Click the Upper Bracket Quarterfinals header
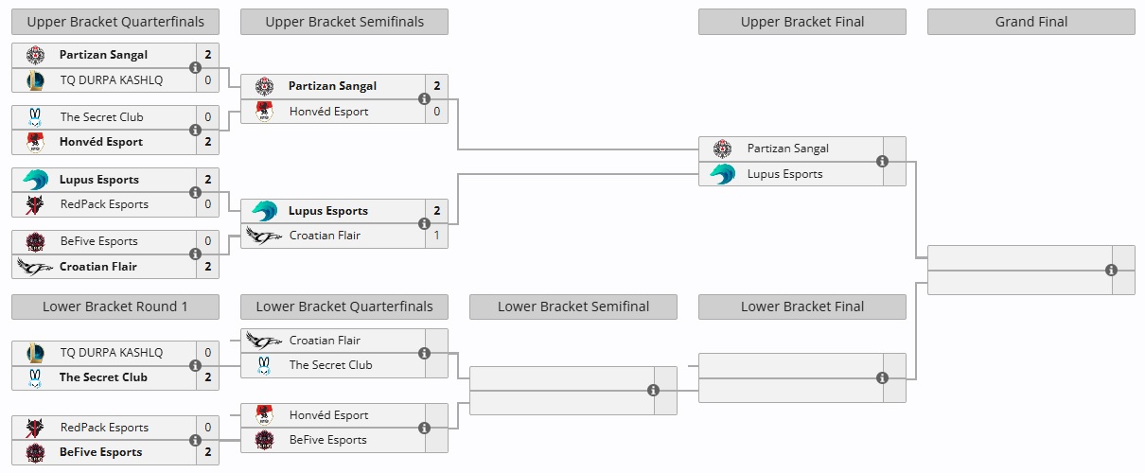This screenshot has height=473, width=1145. pyautogui.click(x=114, y=22)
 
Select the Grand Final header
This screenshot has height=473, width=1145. pyautogui.click(x=1030, y=22)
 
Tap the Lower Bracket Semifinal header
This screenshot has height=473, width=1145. pyautogui.click(x=572, y=307)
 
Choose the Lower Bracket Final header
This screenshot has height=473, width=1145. pyautogui.click(x=801, y=307)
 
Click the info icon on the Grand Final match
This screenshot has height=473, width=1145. pyautogui.click(x=1111, y=270)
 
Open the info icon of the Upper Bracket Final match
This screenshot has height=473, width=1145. pyautogui.click(x=882, y=162)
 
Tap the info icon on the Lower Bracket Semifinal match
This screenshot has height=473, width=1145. pyautogui.click(x=653, y=390)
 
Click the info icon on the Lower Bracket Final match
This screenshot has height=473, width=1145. pyautogui.click(x=882, y=377)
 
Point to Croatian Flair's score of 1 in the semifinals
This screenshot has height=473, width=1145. pyautogui.click(x=436, y=236)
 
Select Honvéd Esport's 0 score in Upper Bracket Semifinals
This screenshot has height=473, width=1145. pyautogui.click(x=436, y=112)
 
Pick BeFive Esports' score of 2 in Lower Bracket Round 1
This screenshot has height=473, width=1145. pyautogui.click(x=207, y=452)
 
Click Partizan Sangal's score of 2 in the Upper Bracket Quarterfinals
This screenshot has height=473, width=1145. pyautogui.click(x=207, y=55)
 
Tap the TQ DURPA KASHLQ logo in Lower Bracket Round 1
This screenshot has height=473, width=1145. pyautogui.click(x=36, y=352)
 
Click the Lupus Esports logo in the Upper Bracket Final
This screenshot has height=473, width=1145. pyautogui.click(x=723, y=174)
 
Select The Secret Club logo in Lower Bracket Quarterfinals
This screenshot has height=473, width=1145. pyautogui.click(x=265, y=365)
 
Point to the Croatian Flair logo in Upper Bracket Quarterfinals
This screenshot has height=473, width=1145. pyautogui.click(x=36, y=267)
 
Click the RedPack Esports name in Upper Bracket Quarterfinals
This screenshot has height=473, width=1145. pyautogui.click(x=104, y=204)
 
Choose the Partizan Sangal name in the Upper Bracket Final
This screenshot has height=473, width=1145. pyautogui.click(x=787, y=149)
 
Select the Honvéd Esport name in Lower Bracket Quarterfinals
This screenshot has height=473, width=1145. pyautogui.click(x=328, y=415)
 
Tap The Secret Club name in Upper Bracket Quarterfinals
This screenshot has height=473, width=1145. pyautogui.click(x=101, y=117)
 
